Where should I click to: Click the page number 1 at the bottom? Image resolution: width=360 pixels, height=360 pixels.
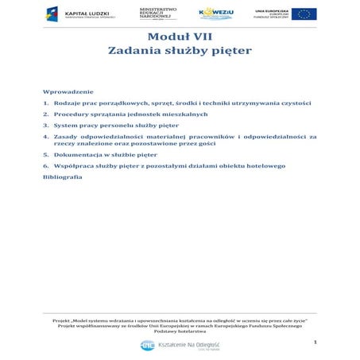[x=315, y=342]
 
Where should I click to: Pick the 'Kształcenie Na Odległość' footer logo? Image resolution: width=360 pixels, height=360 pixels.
[x=180, y=346]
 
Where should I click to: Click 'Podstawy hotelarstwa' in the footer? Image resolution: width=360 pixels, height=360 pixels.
[x=180, y=330]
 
